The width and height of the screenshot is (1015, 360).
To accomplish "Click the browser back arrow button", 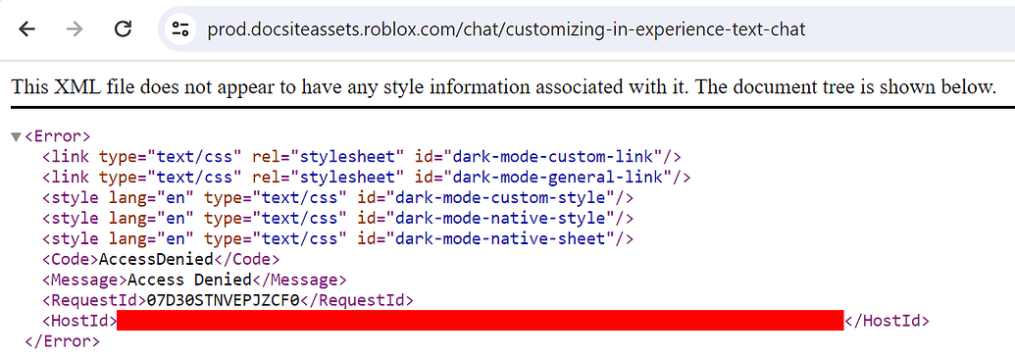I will [27, 29].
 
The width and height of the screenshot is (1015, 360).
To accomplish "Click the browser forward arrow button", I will [76, 29].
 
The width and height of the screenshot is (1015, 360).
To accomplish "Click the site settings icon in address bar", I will [179, 29].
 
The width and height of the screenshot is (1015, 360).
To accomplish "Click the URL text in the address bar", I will [506, 29].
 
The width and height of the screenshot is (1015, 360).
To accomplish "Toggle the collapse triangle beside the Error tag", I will [15, 136].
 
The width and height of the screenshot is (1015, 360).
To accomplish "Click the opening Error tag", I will [57, 136].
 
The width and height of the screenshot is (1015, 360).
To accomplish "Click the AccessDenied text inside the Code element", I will [155, 259].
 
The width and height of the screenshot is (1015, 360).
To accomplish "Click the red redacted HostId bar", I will [480, 321].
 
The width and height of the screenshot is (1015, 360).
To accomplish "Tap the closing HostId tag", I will [887, 321].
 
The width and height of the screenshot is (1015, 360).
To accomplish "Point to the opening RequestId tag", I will [93, 300].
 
